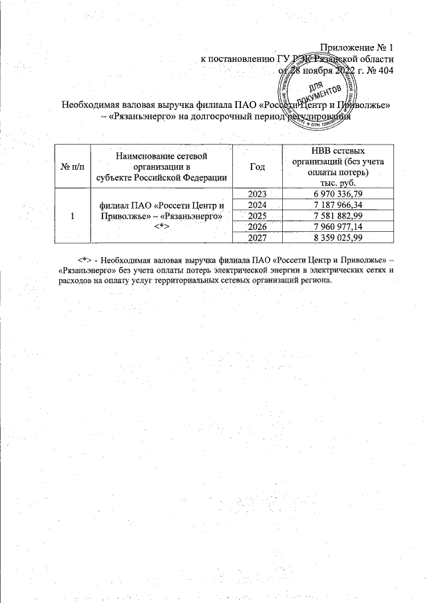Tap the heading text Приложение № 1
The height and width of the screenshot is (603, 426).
coord(357,47)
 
